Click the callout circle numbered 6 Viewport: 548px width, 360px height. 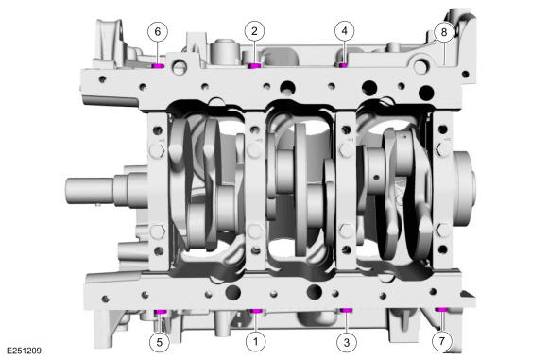coord(157,31)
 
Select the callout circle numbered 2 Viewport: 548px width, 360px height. coord(253,31)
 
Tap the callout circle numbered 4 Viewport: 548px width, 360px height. coord(345,31)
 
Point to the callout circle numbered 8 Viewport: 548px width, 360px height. coord(444,31)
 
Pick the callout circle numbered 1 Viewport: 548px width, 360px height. coord(253,338)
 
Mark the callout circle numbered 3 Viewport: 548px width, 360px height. coord(346,338)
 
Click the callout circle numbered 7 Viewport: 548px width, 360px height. coord(440,338)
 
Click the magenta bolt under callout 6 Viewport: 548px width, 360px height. coord(158,66)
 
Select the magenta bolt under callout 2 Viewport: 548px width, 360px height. coord(253,66)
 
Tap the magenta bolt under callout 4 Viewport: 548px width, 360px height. coord(344,65)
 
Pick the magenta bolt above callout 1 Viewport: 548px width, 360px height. coord(253,311)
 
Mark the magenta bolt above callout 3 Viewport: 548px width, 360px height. coord(346,310)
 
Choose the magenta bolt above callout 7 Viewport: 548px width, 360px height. coord(440,310)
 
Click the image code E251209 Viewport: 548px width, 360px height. coord(24,351)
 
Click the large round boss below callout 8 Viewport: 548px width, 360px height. coord(427,93)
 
